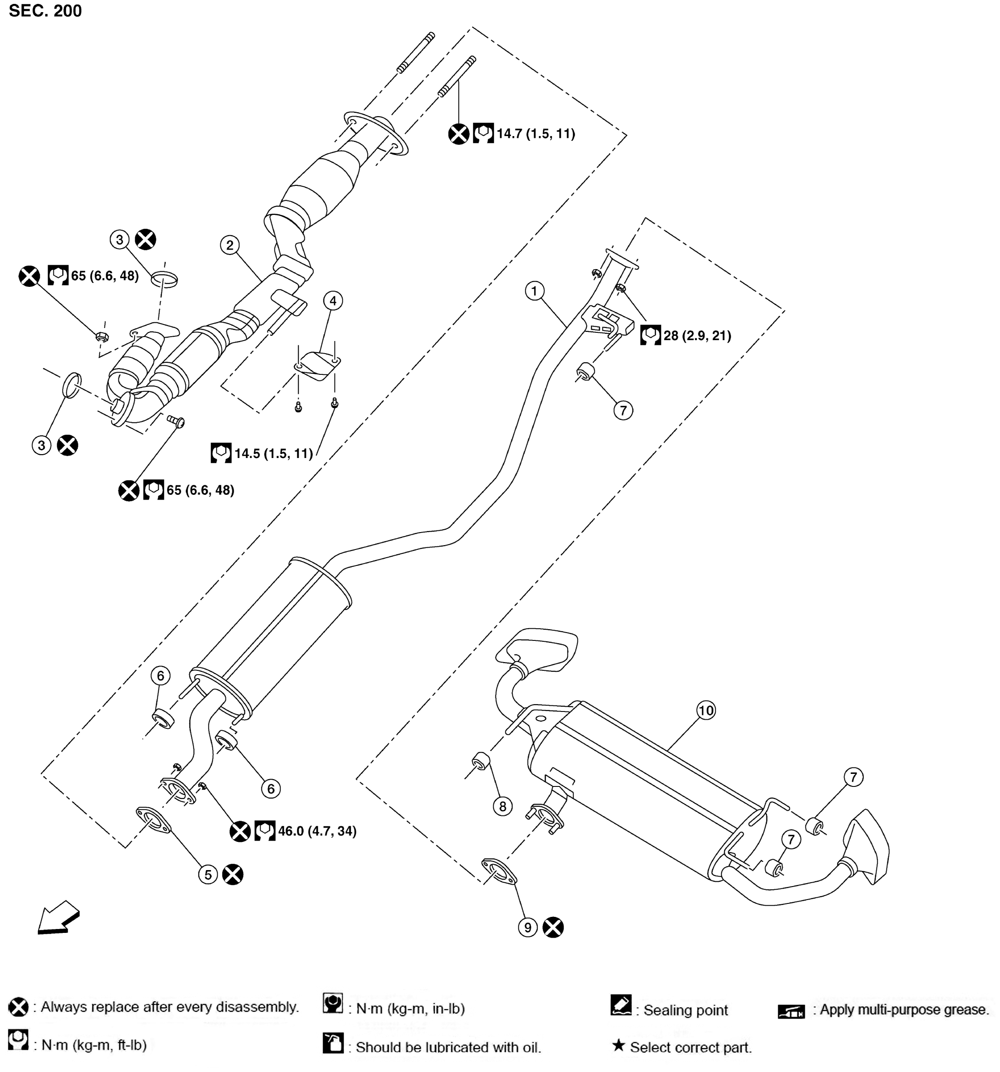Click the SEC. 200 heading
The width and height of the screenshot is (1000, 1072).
tap(46, 11)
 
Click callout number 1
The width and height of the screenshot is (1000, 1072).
tap(534, 291)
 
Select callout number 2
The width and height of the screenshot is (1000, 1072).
tap(230, 245)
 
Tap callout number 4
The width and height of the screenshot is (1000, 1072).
tap(333, 301)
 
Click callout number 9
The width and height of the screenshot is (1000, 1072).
tap(528, 927)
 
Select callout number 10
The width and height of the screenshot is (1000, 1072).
tap(706, 710)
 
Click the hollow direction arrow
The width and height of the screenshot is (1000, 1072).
tap(58, 917)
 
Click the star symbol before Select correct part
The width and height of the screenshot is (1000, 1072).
tap(619, 1046)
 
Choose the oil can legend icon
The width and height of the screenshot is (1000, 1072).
tap(333, 1043)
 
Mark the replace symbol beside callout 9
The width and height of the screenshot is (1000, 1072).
tap(553, 927)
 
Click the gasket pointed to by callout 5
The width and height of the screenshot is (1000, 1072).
tap(153, 820)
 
